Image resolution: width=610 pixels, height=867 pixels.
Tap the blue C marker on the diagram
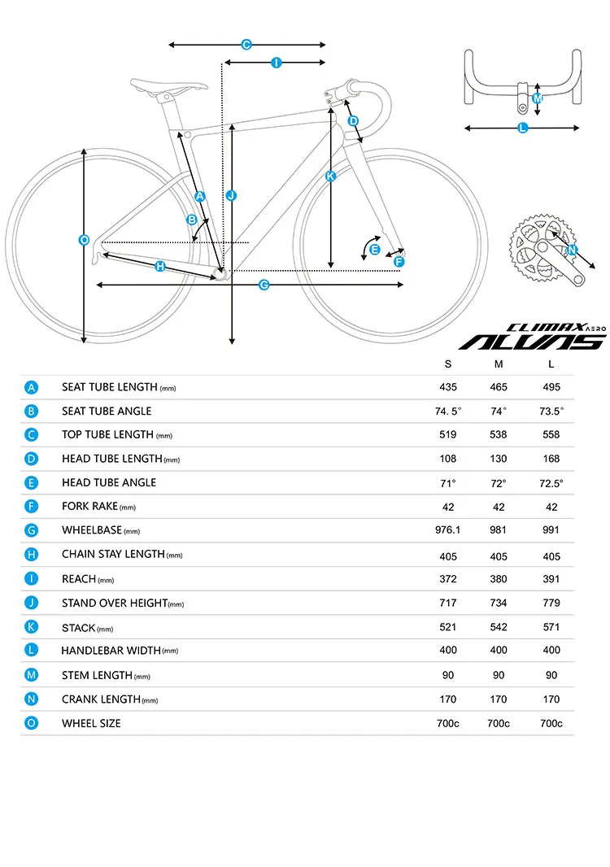point(246,45)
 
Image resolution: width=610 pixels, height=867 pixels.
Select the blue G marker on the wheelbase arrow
point(264,285)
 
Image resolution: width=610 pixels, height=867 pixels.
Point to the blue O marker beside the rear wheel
point(84,239)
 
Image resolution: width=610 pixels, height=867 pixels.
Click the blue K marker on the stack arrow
point(330,176)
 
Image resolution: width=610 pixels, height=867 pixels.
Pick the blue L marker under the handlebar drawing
point(523,128)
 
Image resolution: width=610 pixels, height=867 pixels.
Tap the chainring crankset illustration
point(540,247)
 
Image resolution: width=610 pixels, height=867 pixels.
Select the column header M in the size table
point(499,364)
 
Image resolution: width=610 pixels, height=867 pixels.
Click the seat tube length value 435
point(448,387)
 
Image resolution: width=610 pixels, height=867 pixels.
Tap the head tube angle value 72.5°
point(551,482)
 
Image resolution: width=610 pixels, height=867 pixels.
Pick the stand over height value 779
point(551,603)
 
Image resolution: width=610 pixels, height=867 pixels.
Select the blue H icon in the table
point(31,555)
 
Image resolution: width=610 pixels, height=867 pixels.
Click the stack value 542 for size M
point(499,627)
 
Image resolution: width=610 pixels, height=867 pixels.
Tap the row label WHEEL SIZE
point(91,723)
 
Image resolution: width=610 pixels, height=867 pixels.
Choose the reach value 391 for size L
point(551,579)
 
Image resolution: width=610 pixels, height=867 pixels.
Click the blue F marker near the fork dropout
point(399,261)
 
